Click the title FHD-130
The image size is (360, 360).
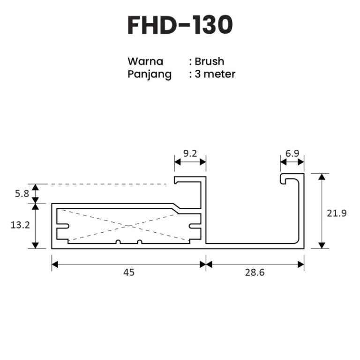click(x=180, y=25)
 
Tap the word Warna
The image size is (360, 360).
click(x=145, y=61)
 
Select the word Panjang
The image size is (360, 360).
click(x=150, y=74)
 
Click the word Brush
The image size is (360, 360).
click(x=210, y=61)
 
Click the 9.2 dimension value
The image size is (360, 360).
click(x=190, y=153)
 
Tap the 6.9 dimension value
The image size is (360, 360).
click(x=292, y=153)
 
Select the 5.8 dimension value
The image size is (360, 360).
click(x=22, y=193)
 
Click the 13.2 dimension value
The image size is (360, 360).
click(x=20, y=225)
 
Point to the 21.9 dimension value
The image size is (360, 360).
click(x=337, y=213)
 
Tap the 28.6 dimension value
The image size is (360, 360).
click(x=255, y=272)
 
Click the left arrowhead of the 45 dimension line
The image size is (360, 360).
click(x=54, y=264)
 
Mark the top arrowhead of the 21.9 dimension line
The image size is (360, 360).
click(x=321, y=176)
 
